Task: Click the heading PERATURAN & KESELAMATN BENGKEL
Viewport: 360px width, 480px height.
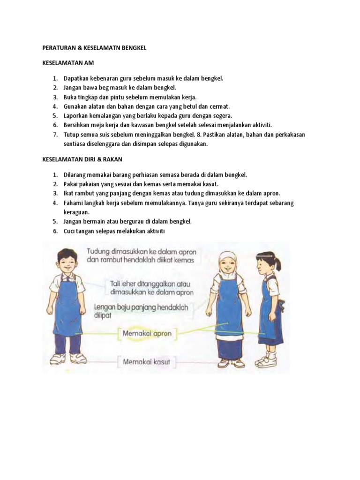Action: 94,48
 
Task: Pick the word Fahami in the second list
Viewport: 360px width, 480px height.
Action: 73,202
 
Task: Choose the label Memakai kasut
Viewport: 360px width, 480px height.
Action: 146,361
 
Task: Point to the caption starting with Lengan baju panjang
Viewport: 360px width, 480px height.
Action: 141,311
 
